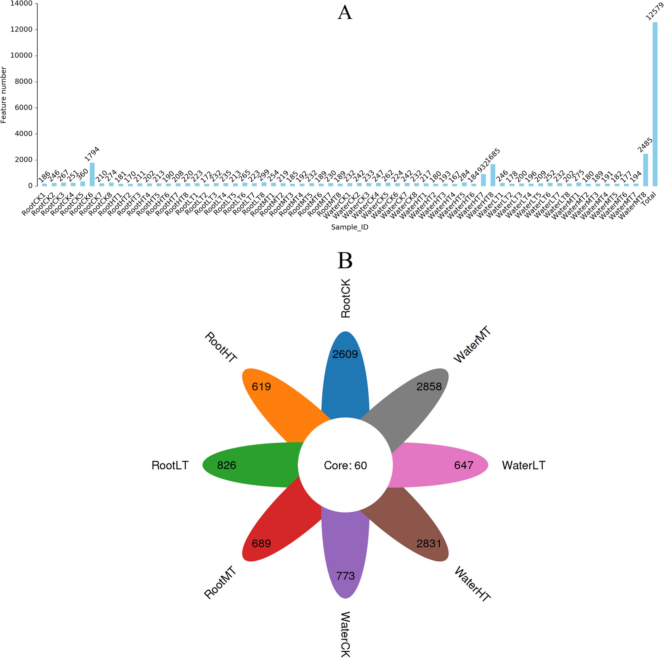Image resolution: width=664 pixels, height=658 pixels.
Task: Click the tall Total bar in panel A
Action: click(655, 103)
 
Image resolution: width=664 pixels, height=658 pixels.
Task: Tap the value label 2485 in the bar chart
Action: click(645, 145)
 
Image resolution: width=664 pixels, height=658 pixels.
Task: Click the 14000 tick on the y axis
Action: click(21, 3)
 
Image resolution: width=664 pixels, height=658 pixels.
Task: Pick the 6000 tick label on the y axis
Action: click(23, 108)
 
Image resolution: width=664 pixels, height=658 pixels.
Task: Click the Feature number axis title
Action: click(4, 95)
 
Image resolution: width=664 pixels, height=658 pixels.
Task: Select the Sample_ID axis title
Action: click(350, 227)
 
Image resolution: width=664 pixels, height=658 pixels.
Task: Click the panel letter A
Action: click(345, 13)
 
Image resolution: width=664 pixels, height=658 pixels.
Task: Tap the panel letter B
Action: click(345, 260)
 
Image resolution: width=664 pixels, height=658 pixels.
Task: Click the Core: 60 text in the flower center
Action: click(346, 465)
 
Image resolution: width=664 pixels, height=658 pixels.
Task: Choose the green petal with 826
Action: click(241, 465)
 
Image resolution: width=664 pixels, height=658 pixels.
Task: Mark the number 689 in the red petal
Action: click(261, 543)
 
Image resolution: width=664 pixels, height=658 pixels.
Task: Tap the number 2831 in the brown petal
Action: click(429, 543)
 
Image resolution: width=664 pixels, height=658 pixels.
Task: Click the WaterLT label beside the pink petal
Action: click(523, 465)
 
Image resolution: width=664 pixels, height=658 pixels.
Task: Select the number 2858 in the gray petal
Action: click(429, 387)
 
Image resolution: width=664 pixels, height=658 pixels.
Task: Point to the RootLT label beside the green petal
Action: click(170, 465)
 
